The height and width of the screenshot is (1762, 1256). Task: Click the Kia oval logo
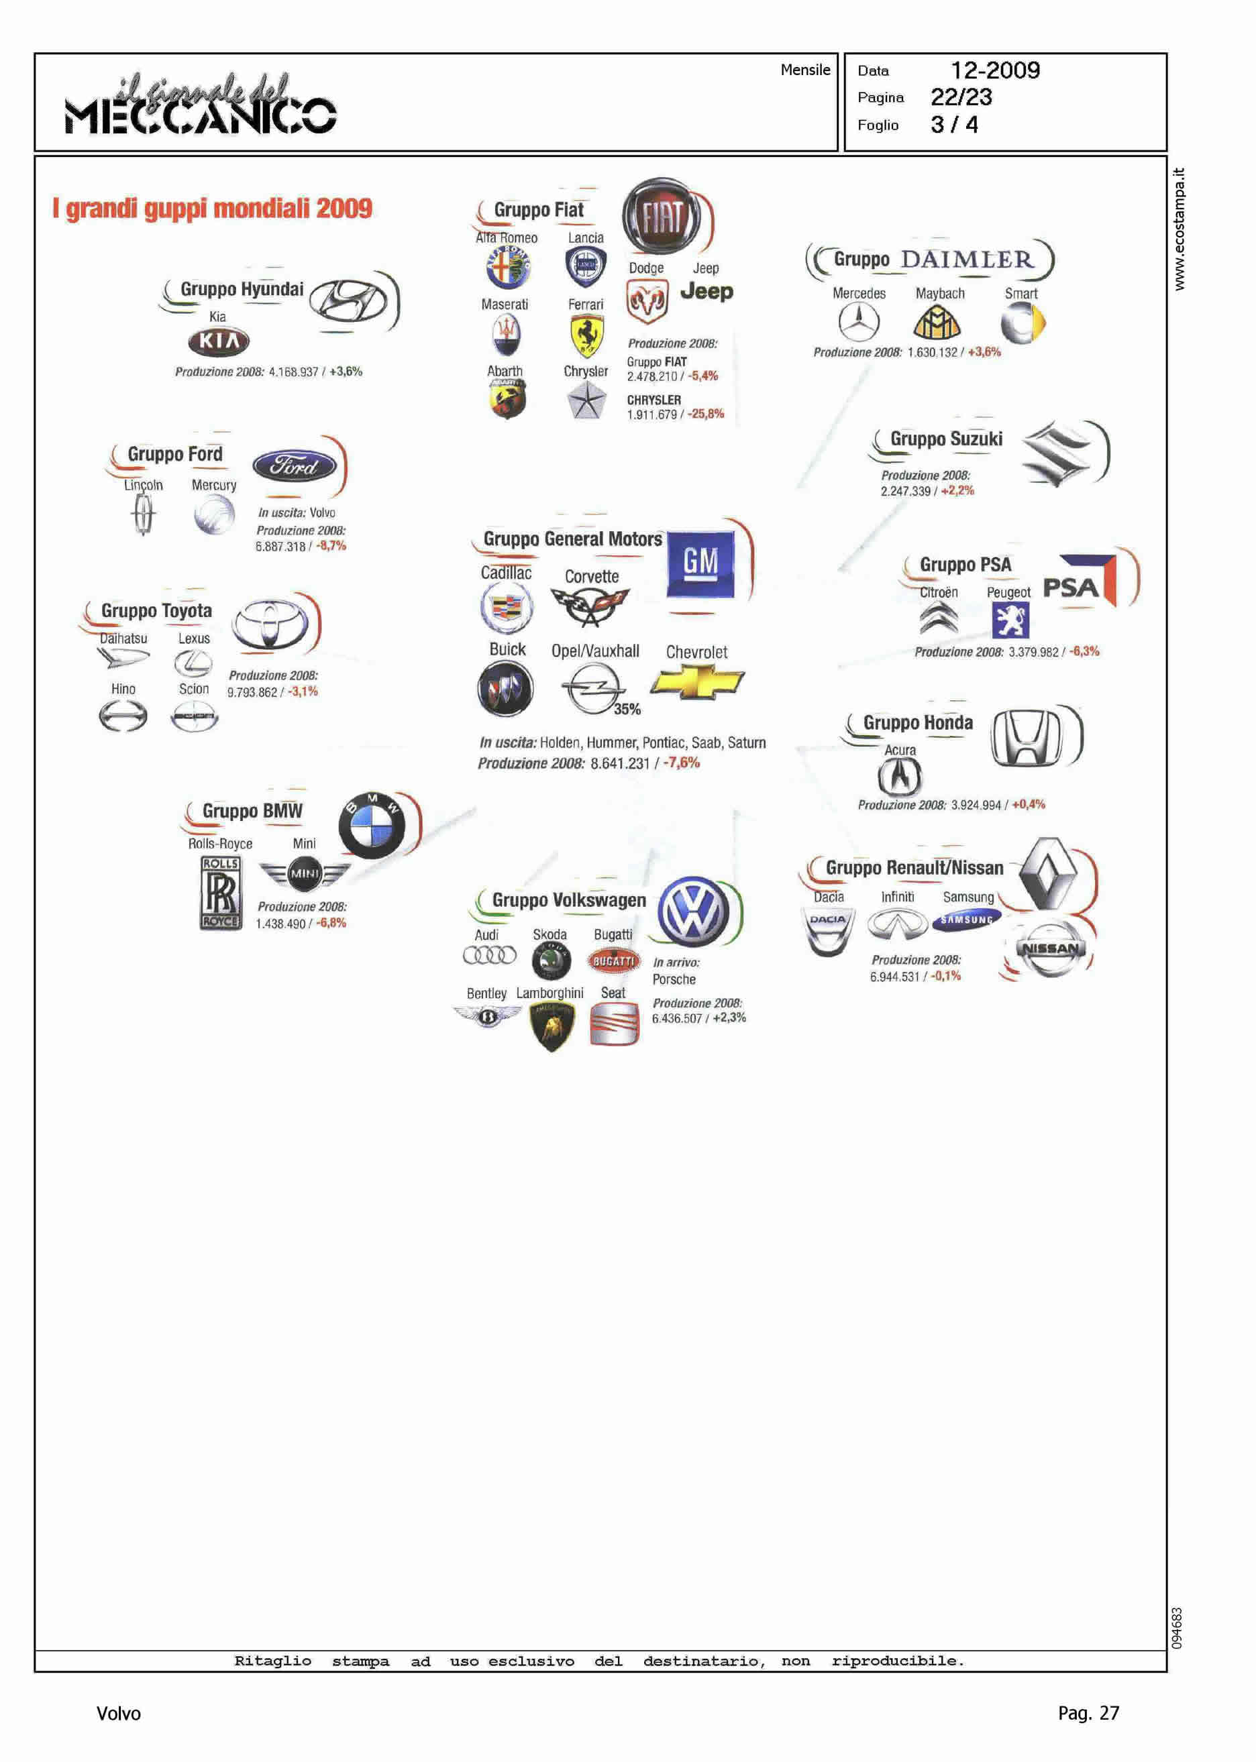coord(219,341)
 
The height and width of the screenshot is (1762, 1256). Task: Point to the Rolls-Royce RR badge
coord(221,892)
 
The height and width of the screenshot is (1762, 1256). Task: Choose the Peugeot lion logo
coord(1010,620)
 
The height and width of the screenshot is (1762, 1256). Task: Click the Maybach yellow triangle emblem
coord(937,323)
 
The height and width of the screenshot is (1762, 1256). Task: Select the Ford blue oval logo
coord(295,465)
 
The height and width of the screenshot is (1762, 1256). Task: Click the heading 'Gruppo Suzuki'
coord(946,439)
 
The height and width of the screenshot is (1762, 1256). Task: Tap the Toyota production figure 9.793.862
coord(252,692)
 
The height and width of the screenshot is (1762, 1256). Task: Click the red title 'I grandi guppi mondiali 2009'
coord(212,209)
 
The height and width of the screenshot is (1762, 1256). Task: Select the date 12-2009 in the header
coord(994,70)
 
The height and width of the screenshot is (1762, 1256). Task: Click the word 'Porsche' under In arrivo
coord(674,979)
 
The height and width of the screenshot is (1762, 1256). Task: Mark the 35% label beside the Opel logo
coord(627,709)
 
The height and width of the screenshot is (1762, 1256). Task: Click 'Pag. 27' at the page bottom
coord(1088,1713)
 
